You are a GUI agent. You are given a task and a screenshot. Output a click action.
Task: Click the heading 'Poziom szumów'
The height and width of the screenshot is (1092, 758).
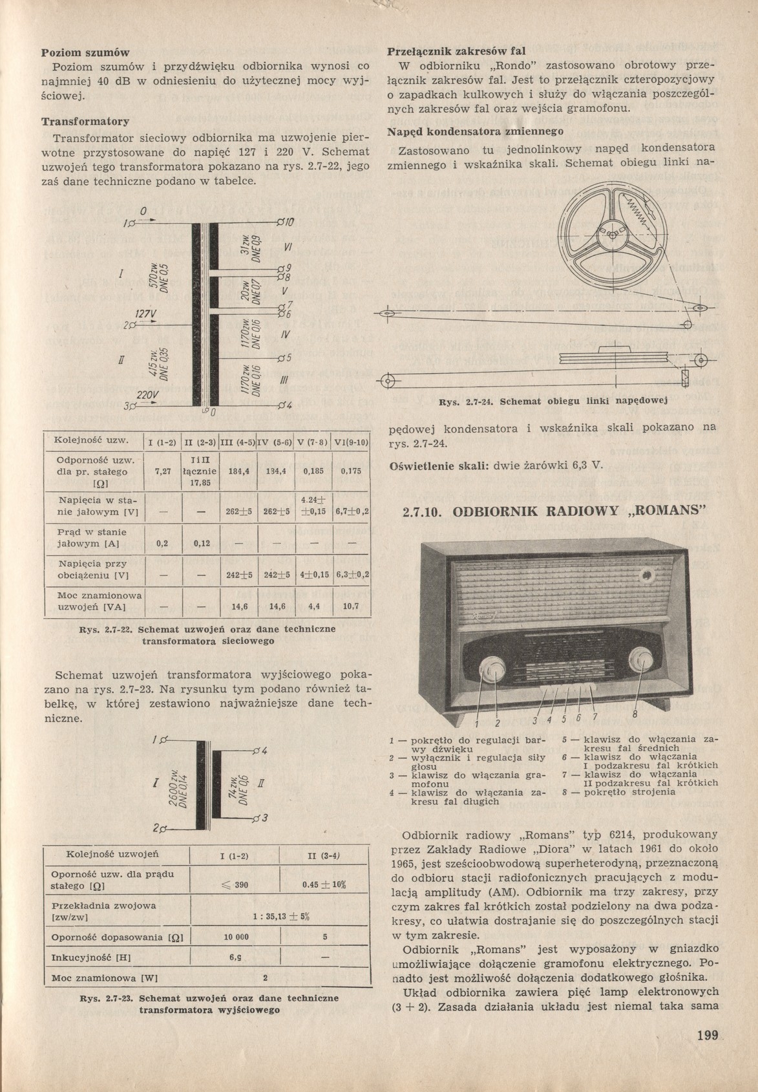click(x=86, y=52)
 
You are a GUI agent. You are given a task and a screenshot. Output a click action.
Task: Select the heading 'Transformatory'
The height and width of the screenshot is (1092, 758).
click(x=85, y=122)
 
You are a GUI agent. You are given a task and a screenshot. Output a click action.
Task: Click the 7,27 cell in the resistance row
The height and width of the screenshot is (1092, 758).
click(x=163, y=472)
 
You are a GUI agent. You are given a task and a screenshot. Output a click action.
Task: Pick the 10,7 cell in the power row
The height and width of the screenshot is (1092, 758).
click(x=352, y=606)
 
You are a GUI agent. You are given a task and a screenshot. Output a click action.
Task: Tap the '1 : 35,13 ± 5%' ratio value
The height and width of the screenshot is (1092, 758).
click(x=279, y=915)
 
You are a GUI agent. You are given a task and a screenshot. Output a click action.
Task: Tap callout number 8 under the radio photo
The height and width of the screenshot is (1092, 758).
click(x=635, y=714)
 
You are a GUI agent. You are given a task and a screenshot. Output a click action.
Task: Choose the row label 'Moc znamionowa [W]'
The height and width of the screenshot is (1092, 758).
click(x=101, y=977)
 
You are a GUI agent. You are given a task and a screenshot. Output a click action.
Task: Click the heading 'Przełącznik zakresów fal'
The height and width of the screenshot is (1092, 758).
click(x=456, y=50)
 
